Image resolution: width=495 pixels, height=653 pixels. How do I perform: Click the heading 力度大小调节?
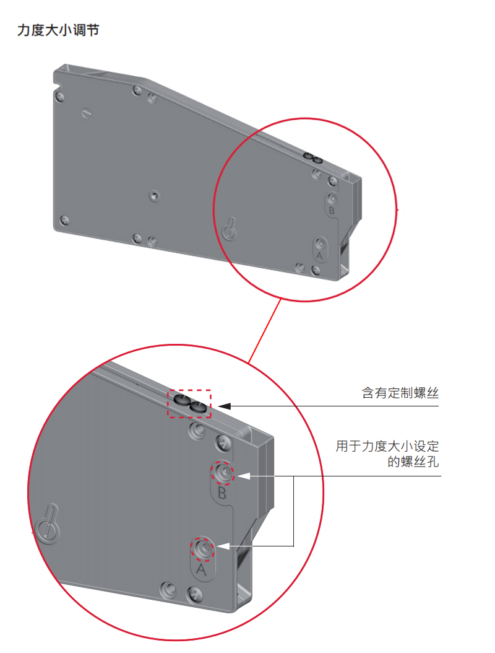click(58, 30)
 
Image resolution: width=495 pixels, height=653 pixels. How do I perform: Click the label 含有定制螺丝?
click(400, 393)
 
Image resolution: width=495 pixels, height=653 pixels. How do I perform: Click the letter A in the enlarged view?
click(201, 568)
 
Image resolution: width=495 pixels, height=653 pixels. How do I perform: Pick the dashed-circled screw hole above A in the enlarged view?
click(202, 548)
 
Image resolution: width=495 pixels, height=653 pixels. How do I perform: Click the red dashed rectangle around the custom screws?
click(191, 404)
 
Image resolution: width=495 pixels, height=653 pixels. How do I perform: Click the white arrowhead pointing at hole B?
click(243, 476)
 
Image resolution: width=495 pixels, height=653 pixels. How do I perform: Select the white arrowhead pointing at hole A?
click(223, 546)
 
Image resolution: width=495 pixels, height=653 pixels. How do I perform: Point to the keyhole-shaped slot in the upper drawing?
click(229, 230)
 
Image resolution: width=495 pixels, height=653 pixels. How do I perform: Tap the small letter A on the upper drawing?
click(320, 255)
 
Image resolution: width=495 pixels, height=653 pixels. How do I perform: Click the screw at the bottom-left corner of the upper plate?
click(63, 219)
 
